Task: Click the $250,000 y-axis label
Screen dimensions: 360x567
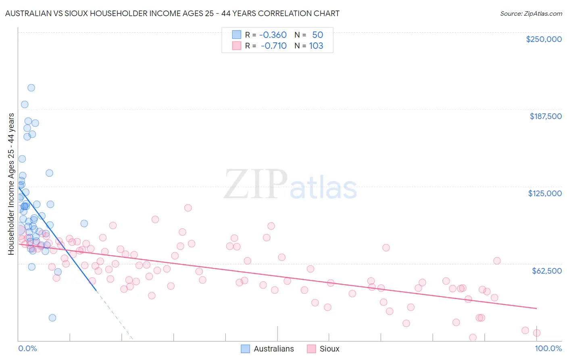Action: pyautogui.click(x=544, y=39)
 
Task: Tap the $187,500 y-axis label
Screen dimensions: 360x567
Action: pyautogui.click(x=545, y=116)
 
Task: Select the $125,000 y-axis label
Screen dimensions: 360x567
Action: pyautogui.click(x=545, y=193)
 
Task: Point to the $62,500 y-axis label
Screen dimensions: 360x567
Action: pyautogui.click(x=546, y=270)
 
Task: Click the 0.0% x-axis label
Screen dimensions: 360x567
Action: pyautogui.click(x=27, y=348)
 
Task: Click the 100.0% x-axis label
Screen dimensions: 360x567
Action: pyautogui.click(x=548, y=348)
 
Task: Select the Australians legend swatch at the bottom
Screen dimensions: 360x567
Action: pyautogui.click(x=245, y=349)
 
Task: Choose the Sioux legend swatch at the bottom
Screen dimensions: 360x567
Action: pyautogui.click(x=311, y=349)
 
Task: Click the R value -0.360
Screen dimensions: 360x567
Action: pyautogui.click(x=273, y=35)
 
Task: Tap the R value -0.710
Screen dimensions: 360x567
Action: pyautogui.click(x=273, y=46)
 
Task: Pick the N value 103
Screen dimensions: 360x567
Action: pyautogui.click(x=316, y=46)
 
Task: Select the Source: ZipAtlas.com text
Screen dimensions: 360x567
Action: pyautogui.click(x=531, y=13)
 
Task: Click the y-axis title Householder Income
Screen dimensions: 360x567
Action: pyautogui.click(x=11, y=184)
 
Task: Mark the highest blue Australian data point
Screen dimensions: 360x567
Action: pyautogui.click(x=31, y=88)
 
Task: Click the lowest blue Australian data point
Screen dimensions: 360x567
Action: pyautogui.click(x=52, y=318)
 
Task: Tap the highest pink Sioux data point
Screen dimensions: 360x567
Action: pyautogui.click(x=188, y=208)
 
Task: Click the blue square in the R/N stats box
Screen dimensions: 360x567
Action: pyautogui.click(x=236, y=35)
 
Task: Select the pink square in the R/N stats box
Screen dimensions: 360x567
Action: pyautogui.click(x=236, y=46)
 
